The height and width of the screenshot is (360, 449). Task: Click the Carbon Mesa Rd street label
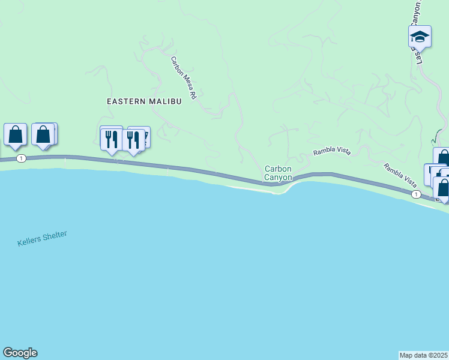point(184,78)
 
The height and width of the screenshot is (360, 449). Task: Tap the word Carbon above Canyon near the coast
point(278,169)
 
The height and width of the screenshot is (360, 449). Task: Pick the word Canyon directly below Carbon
point(279,178)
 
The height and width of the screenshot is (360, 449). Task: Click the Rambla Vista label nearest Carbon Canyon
point(331,152)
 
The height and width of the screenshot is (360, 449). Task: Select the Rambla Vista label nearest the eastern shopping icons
point(400,176)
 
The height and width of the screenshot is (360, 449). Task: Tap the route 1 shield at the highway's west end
point(22,158)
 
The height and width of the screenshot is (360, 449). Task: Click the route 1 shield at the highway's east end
point(415,194)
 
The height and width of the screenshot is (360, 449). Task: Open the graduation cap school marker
point(420,37)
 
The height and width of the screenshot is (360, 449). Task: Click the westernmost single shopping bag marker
point(15,135)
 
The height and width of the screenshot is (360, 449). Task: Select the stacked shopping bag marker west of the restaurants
point(43,134)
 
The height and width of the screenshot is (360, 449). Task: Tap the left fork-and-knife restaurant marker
point(111,139)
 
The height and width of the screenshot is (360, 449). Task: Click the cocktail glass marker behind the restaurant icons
point(144,136)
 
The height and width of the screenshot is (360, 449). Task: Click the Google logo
point(20,353)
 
